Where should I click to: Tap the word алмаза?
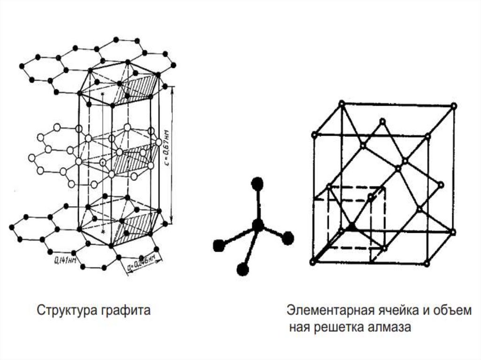click(389, 327)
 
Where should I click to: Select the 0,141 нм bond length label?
click(64, 259)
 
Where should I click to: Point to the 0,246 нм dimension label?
click(144, 262)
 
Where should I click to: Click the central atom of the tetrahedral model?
click(257, 225)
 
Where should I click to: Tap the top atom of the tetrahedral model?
click(256, 184)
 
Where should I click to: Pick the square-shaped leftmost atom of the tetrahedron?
click(217, 245)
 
